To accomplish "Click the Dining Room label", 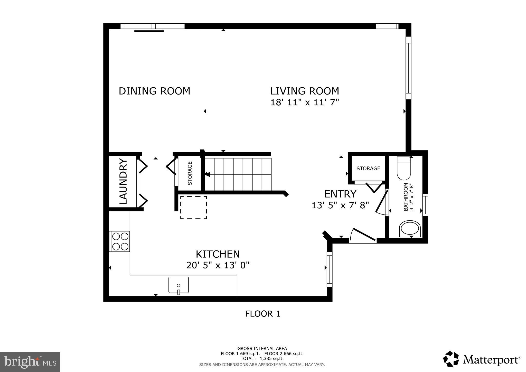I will [x=154, y=91].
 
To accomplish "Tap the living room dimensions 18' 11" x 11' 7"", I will [x=305, y=103].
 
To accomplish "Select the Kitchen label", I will [x=218, y=254].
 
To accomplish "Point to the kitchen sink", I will [x=179, y=285].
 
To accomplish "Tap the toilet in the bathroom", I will [x=404, y=169].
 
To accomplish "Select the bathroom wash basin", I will [x=410, y=229].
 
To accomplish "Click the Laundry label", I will [x=124, y=182].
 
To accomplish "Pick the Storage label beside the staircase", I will [x=190, y=173].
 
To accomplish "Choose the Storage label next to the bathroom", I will [x=368, y=169].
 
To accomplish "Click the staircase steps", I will [x=238, y=174].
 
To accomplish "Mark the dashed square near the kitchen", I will [x=193, y=207].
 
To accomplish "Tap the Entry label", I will [x=340, y=194].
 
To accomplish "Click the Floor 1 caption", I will [x=262, y=314].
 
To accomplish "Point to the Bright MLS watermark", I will [x=30, y=362].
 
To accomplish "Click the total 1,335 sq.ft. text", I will [x=262, y=358].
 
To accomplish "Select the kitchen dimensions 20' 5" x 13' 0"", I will [x=218, y=265].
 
